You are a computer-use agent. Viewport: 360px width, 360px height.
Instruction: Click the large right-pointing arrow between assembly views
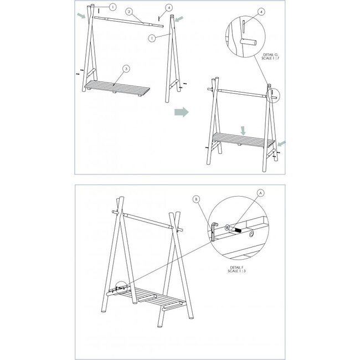pos(182,112)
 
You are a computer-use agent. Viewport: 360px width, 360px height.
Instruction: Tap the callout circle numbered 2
pos(130,12)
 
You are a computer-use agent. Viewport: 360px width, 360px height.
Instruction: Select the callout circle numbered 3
pos(126,69)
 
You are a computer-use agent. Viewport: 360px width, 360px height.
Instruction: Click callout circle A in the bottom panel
pos(260,193)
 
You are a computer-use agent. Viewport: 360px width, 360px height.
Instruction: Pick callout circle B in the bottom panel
pos(196,199)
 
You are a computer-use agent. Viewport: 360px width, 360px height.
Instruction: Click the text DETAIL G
pos(270,55)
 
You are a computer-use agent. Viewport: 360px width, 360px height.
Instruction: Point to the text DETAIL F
pos(236,268)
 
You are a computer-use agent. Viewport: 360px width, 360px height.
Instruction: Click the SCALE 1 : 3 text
pos(236,271)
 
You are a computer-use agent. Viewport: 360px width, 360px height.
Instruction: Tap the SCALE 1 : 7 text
pos(270,58)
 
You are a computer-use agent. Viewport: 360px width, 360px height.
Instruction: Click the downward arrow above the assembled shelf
pos(243,130)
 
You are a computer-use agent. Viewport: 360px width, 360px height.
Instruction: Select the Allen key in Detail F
pos(214,232)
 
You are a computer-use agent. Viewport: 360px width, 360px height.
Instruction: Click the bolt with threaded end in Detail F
pos(233,229)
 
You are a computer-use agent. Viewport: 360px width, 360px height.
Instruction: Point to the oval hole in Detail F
pos(251,234)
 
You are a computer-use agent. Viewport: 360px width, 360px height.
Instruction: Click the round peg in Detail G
pos(248,42)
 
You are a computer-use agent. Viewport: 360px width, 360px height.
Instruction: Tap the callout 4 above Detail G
pos(261,12)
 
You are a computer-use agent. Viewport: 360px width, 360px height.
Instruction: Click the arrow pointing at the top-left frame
pos(81,16)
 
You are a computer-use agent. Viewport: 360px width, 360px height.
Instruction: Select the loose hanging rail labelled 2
pos(129,22)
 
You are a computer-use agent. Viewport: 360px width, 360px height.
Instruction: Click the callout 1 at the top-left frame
pos(112,7)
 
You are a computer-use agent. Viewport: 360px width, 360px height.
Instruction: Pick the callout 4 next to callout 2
pos(169,8)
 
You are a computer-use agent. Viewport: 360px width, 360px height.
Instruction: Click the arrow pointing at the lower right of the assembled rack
pos(281,144)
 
